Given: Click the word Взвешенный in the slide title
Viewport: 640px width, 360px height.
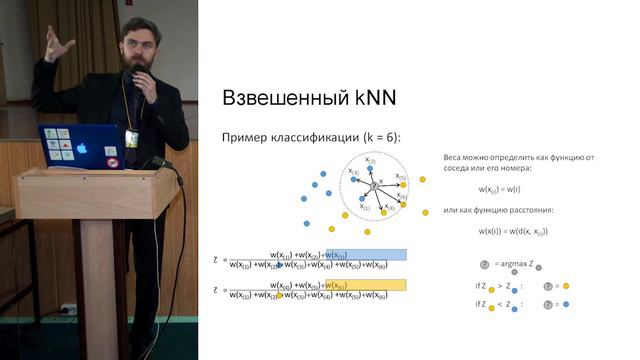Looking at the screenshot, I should tap(284, 99).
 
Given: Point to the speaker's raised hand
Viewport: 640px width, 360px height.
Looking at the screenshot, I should tap(59, 44).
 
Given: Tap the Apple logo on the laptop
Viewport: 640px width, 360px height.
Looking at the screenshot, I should tap(82, 149).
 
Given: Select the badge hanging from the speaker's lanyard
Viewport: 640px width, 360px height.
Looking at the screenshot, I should tap(131, 138).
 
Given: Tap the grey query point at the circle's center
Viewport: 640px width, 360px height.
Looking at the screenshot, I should tap(374, 186).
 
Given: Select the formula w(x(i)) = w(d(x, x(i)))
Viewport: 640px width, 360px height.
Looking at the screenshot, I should tap(513, 231).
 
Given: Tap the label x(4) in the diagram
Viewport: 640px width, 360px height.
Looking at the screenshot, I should tap(391, 206).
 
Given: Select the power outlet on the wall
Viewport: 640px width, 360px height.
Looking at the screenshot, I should tap(69, 309).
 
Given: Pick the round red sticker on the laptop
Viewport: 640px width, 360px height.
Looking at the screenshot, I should tap(112, 162).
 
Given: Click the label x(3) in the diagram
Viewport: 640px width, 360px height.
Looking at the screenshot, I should tap(353, 172).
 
